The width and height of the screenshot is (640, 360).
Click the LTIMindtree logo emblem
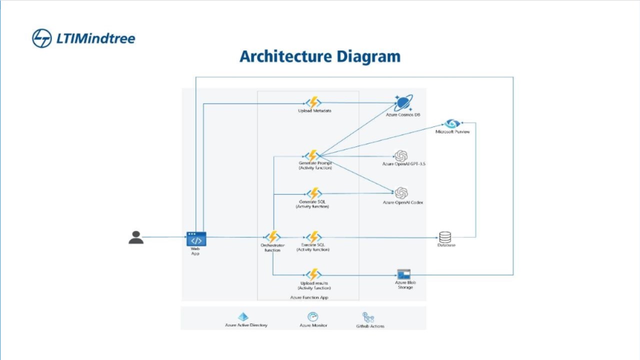(42, 38)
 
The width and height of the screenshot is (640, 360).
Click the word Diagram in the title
(368, 56)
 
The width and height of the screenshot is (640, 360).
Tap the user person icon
(136, 237)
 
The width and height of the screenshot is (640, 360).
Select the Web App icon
(196, 239)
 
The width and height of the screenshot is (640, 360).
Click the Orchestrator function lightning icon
(273, 237)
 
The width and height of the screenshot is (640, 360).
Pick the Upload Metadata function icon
(313, 102)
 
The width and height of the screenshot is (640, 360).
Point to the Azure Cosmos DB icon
(403, 103)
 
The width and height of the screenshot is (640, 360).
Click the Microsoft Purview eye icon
(452, 123)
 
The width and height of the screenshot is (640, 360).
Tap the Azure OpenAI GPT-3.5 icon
(401, 155)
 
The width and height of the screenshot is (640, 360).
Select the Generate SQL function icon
(313, 193)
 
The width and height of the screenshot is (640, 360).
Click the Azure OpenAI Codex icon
(401, 193)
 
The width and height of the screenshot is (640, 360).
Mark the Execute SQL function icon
(313, 237)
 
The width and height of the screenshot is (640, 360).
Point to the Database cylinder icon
(445, 237)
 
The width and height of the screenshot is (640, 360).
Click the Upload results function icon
(313, 274)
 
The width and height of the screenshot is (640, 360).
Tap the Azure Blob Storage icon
(403, 274)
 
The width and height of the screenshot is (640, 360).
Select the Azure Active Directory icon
(243, 317)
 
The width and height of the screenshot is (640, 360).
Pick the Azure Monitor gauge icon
(313, 317)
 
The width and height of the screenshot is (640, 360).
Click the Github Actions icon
(368, 317)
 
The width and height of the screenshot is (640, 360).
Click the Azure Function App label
(309, 297)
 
